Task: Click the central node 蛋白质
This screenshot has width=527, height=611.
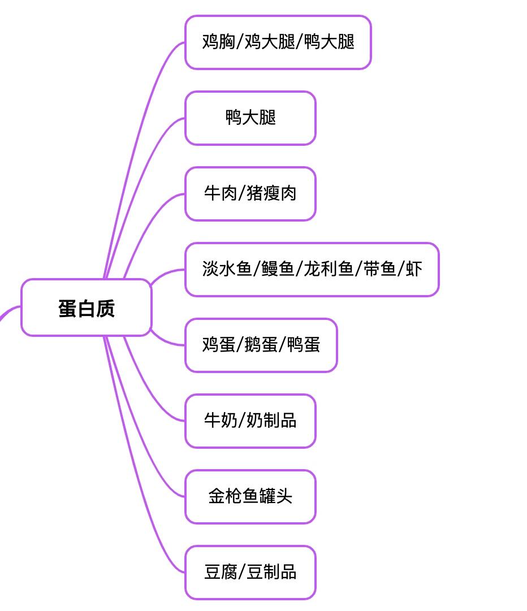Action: pyautogui.click(x=87, y=308)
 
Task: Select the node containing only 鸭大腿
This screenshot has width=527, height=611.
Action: pyautogui.click(x=250, y=118)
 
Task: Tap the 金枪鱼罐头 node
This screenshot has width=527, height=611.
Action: pyautogui.click(x=250, y=496)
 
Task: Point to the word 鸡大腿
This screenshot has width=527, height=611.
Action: pyautogui.click(x=270, y=42)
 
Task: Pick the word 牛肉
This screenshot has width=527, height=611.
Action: pyautogui.click(x=221, y=193)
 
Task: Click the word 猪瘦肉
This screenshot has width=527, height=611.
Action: pyautogui.click(x=271, y=193)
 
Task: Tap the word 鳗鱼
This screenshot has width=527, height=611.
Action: pyautogui.click(x=278, y=269)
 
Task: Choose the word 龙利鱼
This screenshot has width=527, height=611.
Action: pyautogui.click(x=329, y=269)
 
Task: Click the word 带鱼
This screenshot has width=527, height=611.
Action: pyautogui.click(x=379, y=269)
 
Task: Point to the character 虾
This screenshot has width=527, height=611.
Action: pyautogui.click(x=414, y=269)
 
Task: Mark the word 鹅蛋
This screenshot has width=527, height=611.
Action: pyautogui.click(x=261, y=345)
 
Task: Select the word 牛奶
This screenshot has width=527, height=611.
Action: pyautogui.click(x=221, y=421)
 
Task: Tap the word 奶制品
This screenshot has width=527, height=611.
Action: pyautogui.click(x=271, y=421)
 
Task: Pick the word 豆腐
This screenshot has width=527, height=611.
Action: pyautogui.click(x=221, y=572)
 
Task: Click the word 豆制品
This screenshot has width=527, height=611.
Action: pyautogui.click(x=271, y=572)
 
